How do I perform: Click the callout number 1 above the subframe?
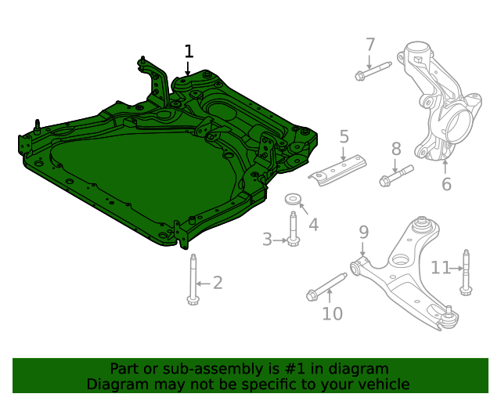189,52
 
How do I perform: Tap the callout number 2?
218,283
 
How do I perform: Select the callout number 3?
267,239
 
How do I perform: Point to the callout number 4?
313,225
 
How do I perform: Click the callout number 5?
344,138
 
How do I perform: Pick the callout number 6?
446,185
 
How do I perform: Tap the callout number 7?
370,45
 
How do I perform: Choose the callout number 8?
396,148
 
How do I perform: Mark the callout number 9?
364,232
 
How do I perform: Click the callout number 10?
333,313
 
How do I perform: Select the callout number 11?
441,268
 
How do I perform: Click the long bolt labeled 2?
193,278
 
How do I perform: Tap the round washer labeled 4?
292,199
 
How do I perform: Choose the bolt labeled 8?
395,175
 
